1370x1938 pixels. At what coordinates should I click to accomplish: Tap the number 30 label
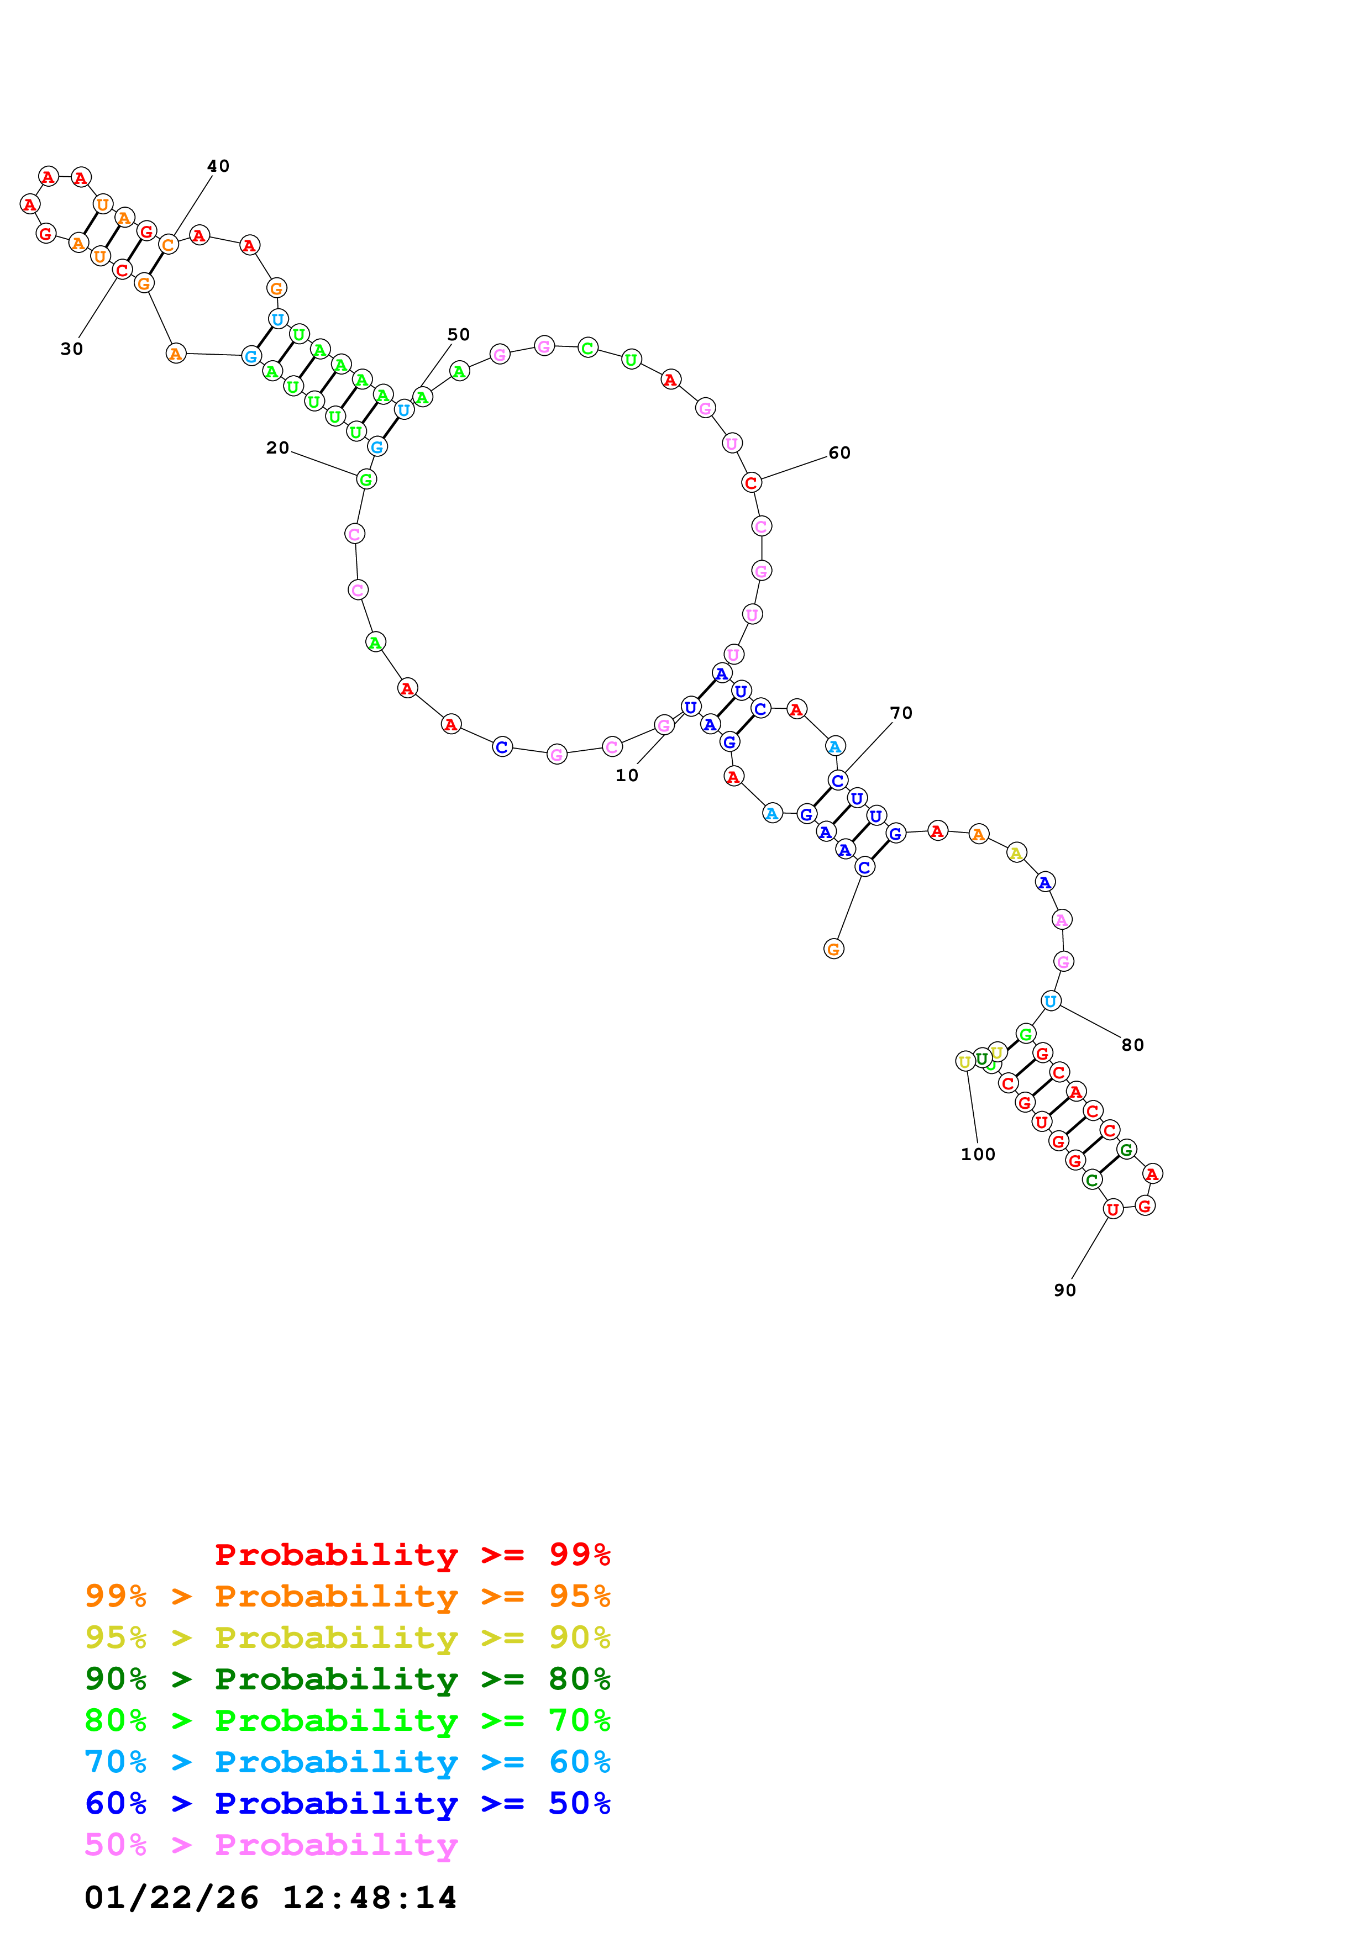[x=72, y=349]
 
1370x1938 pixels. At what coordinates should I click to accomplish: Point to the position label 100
[x=978, y=1154]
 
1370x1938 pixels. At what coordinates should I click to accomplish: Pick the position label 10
[x=626, y=775]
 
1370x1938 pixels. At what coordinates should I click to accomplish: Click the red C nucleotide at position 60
[x=750, y=483]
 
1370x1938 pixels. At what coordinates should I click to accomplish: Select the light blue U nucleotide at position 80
[x=1050, y=1001]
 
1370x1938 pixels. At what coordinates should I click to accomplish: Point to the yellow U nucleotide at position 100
[x=965, y=1062]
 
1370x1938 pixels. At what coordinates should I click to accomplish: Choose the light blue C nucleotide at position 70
[x=837, y=780]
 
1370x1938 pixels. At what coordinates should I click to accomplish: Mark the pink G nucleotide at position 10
[x=664, y=725]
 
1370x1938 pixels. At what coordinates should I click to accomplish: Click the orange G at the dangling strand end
[x=833, y=949]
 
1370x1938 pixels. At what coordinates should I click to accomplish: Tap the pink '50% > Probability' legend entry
[x=271, y=1844]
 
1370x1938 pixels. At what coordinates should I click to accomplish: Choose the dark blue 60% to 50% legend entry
[x=347, y=1803]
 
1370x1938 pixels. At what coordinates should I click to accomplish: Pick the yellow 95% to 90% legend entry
[x=347, y=1637]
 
